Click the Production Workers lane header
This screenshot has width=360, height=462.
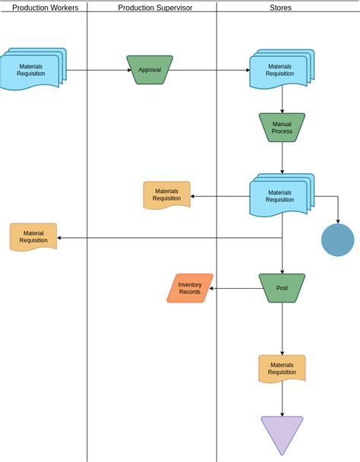pos(45,8)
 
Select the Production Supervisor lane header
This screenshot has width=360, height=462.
pos(155,8)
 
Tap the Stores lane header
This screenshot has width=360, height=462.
pos(280,8)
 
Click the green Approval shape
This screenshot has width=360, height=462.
pos(150,69)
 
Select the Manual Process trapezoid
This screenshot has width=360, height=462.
pos(282,127)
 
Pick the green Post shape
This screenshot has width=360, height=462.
pos(282,288)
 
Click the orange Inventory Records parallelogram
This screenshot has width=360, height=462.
pos(190,288)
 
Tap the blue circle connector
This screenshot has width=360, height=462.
pos(337,240)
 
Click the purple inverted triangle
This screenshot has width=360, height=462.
pos(282,434)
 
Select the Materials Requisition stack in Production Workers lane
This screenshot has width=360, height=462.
pos(33,70)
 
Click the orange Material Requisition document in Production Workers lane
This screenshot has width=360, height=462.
pos(33,237)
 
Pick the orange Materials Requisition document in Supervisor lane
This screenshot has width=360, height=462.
pos(166,195)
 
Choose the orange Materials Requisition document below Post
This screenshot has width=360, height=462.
pos(282,369)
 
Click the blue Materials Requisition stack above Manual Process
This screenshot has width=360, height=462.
pos(281,70)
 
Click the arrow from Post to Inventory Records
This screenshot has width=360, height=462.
pos(235,288)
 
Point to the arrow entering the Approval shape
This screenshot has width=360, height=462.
pos(99,70)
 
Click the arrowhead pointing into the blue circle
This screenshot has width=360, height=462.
pos(337,220)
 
